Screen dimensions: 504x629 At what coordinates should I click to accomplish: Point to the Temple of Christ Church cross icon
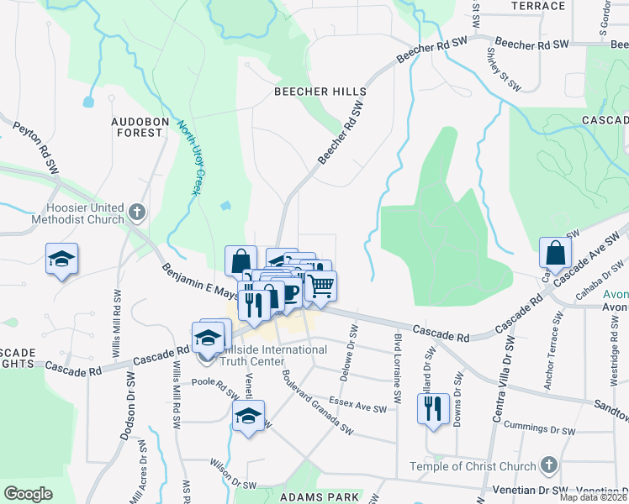pos(547,465)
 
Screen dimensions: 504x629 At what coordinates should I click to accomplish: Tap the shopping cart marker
pos(320,286)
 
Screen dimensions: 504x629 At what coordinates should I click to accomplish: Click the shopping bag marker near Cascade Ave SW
pos(555,252)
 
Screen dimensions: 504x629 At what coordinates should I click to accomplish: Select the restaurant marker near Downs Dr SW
pos(432,408)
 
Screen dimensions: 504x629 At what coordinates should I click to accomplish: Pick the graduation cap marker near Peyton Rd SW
pos(61,259)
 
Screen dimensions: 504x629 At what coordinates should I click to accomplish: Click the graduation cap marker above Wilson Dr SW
pos(249,415)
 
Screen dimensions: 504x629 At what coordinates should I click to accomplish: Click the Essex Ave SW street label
pos(357,404)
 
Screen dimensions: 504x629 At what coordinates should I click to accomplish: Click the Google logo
pos(28,493)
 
